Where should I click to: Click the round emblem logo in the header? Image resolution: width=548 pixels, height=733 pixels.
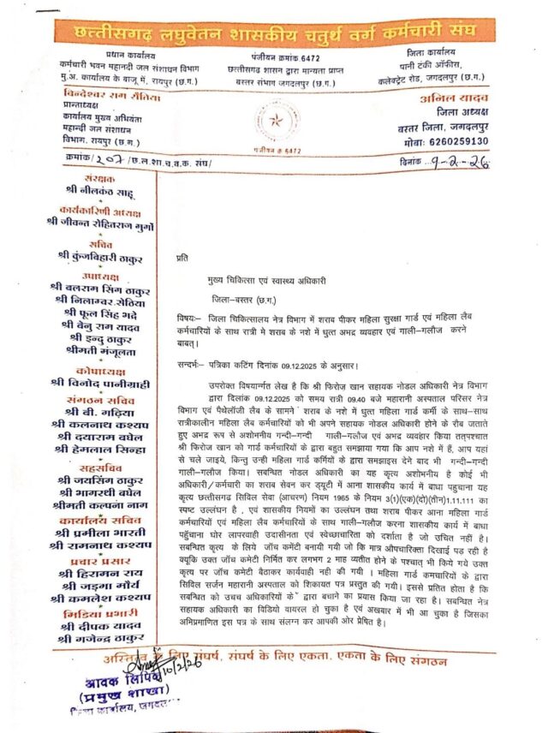point(275,123)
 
